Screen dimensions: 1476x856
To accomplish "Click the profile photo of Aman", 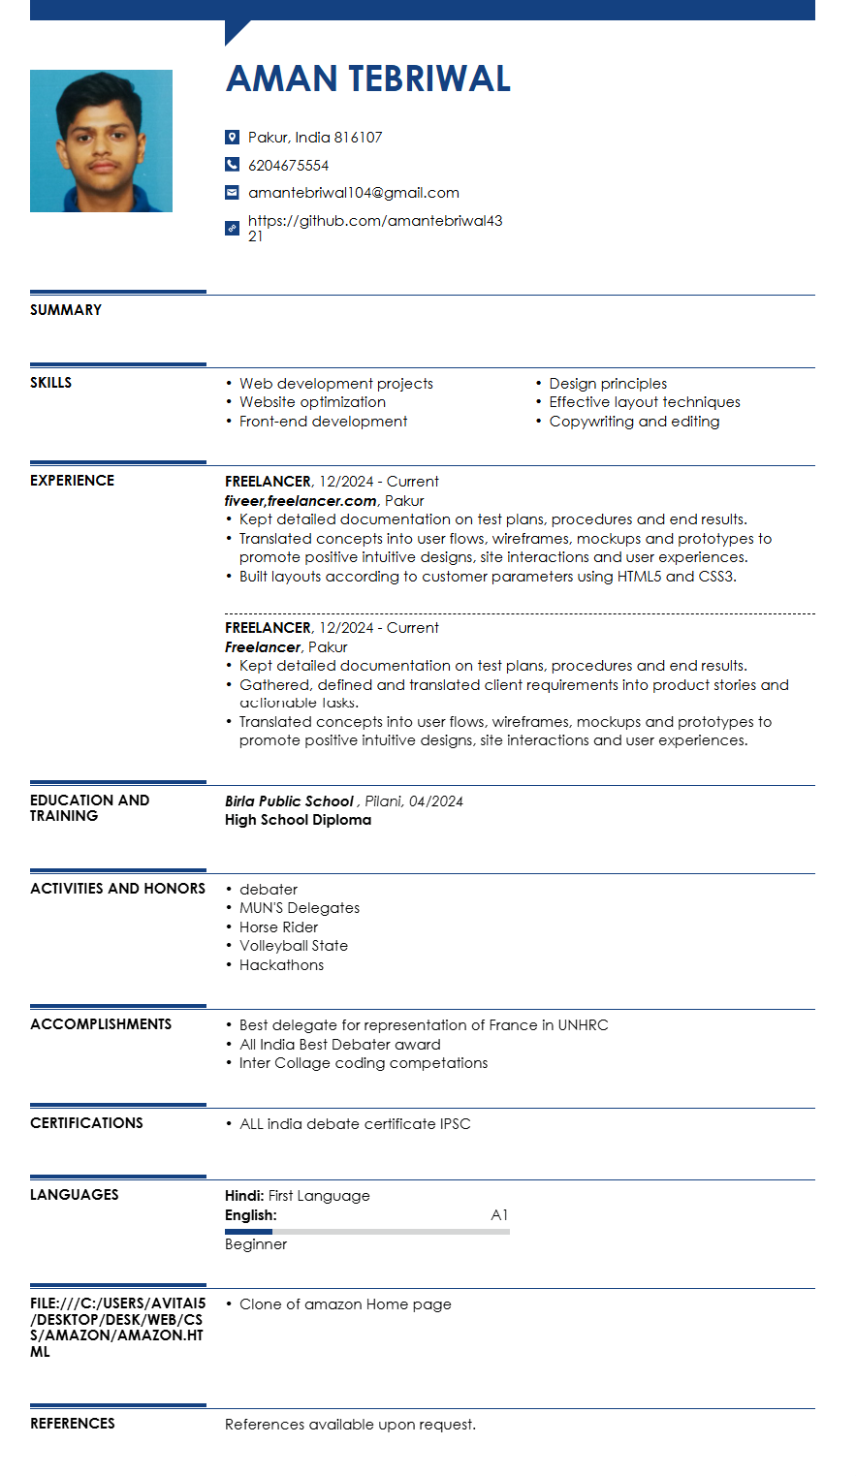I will [101, 141].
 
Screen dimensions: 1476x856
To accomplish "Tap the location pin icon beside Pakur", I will [232, 138].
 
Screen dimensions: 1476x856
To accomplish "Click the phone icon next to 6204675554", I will [232, 165].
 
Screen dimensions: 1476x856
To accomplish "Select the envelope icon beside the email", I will [232, 193].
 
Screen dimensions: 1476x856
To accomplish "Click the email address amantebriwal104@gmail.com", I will [354, 193].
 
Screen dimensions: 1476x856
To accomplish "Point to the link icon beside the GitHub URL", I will [232, 229].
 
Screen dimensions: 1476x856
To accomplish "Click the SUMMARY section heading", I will [66, 310].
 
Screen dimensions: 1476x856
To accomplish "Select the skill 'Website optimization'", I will [312, 402].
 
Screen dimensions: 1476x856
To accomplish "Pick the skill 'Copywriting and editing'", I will [634, 422].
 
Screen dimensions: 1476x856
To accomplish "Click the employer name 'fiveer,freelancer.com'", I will [301, 501].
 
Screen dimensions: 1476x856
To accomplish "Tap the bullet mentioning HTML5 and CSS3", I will [488, 577].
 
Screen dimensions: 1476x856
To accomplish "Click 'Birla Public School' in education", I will [289, 801].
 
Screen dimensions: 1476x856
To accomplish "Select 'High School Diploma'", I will [298, 820].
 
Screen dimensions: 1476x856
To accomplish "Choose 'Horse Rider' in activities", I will [278, 927].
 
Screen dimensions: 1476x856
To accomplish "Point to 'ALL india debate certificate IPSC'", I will [355, 1124].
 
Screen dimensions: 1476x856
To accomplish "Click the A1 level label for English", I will [499, 1215].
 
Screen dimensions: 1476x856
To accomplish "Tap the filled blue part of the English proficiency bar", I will [248, 1232].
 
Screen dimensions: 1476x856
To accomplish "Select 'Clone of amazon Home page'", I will [345, 1304].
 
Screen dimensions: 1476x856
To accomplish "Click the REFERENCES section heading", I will [73, 1424].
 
